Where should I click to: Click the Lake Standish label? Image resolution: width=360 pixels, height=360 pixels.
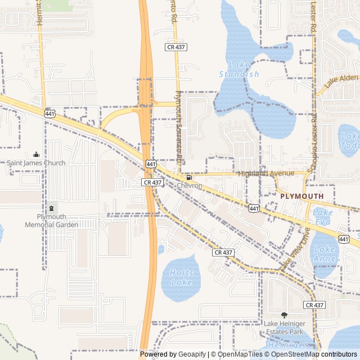pos(238,69)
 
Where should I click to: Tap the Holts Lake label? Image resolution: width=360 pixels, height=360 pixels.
pos(181,277)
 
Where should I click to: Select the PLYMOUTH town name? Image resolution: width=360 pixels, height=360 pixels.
pos(302,196)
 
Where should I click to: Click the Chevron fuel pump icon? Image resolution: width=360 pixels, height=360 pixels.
pos(189,177)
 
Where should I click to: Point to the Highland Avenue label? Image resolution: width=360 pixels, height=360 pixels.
pos(266,173)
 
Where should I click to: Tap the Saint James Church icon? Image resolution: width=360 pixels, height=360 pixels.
pos(37,155)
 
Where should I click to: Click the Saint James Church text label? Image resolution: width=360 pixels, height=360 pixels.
pos(36,163)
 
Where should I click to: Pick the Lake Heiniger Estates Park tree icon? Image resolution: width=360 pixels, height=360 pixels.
pos(284,315)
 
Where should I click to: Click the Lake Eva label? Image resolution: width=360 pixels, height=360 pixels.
pos(323,216)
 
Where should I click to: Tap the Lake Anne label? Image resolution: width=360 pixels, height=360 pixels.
pos(325,254)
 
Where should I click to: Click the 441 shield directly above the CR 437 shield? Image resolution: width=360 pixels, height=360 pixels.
pos(151,164)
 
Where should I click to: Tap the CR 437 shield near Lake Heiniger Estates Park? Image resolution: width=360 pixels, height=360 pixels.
pos(314,304)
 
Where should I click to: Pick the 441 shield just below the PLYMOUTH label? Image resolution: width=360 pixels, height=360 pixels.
pos(254,209)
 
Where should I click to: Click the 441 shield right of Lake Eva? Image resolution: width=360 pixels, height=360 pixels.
pos(343,238)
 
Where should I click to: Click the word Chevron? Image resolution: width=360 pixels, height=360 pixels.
pos(189,186)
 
